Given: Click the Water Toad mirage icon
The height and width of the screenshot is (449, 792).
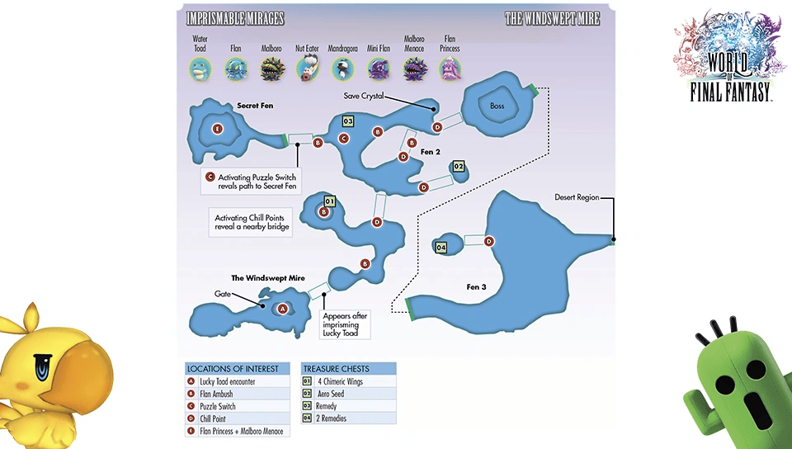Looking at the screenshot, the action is pyautogui.click(x=200, y=69).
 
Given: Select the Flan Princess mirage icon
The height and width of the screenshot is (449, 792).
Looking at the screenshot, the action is pyautogui.click(x=450, y=69).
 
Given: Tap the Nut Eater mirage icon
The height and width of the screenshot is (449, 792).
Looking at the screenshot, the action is pyautogui.click(x=307, y=69).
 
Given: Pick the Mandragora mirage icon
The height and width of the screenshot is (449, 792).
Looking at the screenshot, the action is pyautogui.click(x=342, y=69).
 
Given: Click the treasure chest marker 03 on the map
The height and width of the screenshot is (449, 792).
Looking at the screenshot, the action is pyautogui.click(x=348, y=121).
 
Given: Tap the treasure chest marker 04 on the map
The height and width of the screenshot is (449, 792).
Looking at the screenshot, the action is pyautogui.click(x=441, y=248).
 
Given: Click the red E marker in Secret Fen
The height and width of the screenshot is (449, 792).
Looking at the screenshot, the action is pyautogui.click(x=217, y=129).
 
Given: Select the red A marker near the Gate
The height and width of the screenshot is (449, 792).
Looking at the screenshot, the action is pyautogui.click(x=282, y=309).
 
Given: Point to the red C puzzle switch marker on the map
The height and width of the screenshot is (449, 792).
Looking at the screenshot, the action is pyautogui.click(x=344, y=139).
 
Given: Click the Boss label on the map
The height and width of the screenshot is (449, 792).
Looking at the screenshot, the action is pyautogui.click(x=497, y=106).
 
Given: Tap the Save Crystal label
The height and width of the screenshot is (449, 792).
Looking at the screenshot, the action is pyautogui.click(x=364, y=96).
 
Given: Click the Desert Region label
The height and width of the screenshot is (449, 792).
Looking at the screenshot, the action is pyautogui.click(x=577, y=197).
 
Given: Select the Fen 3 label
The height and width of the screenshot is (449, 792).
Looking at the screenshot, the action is pyautogui.click(x=476, y=287).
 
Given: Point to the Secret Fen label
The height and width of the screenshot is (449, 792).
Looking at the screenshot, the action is pyautogui.click(x=255, y=106).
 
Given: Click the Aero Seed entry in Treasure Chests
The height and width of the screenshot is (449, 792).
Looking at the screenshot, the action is pyautogui.click(x=331, y=394).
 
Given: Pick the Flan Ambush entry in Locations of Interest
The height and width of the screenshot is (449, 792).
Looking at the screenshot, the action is pyautogui.click(x=216, y=394).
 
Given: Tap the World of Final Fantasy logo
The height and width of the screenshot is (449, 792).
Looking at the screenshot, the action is pyautogui.click(x=730, y=55).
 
